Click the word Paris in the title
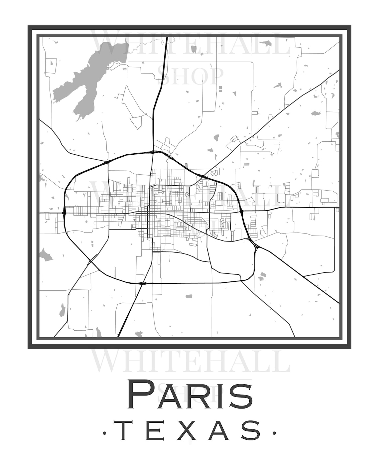190,396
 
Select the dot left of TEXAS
105,433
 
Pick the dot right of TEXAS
274,433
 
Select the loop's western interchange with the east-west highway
64,212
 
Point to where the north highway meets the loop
153,152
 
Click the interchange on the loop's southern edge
144,283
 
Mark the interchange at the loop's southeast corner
255,246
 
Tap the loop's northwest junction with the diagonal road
107,162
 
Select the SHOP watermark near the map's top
190,76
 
